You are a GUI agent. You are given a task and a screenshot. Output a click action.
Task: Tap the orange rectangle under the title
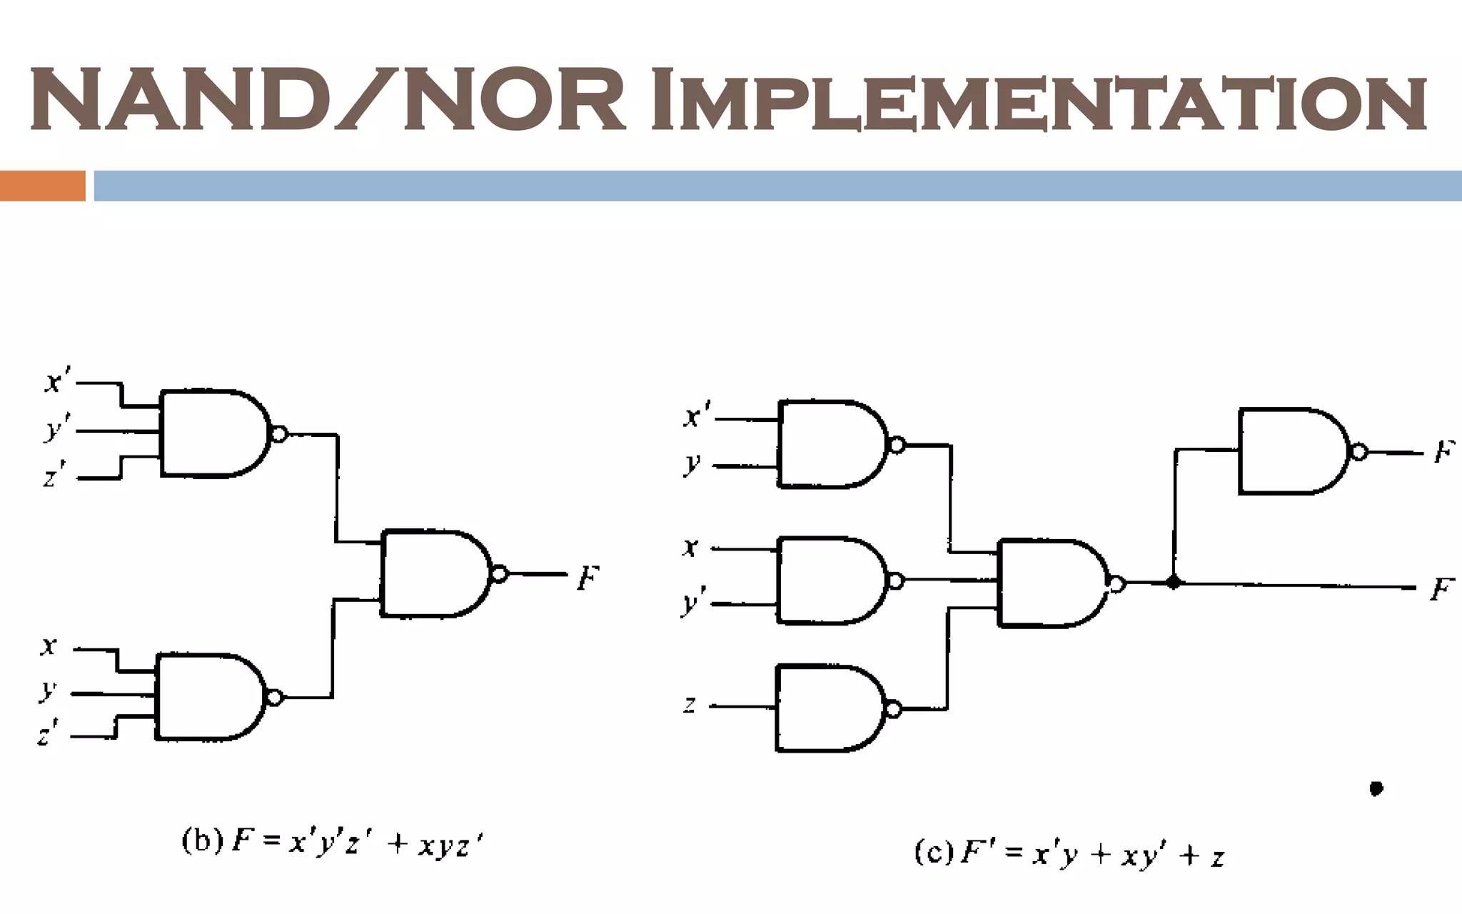(x=43, y=186)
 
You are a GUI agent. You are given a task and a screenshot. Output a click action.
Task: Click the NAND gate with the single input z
(x=828, y=708)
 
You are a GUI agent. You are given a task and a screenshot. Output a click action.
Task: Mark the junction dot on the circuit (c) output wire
(x=1173, y=583)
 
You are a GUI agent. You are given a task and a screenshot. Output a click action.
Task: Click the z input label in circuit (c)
(x=690, y=705)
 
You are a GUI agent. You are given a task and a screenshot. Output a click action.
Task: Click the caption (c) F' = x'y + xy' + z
(x=1069, y=853)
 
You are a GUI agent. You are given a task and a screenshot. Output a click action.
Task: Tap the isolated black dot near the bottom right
(x=1376, y=788)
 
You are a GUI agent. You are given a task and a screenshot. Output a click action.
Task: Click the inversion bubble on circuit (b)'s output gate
(x=500, y=574)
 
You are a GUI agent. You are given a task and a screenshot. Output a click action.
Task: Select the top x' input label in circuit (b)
(x=57, y=382)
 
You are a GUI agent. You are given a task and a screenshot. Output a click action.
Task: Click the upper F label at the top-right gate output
(x=1443, y=451)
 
